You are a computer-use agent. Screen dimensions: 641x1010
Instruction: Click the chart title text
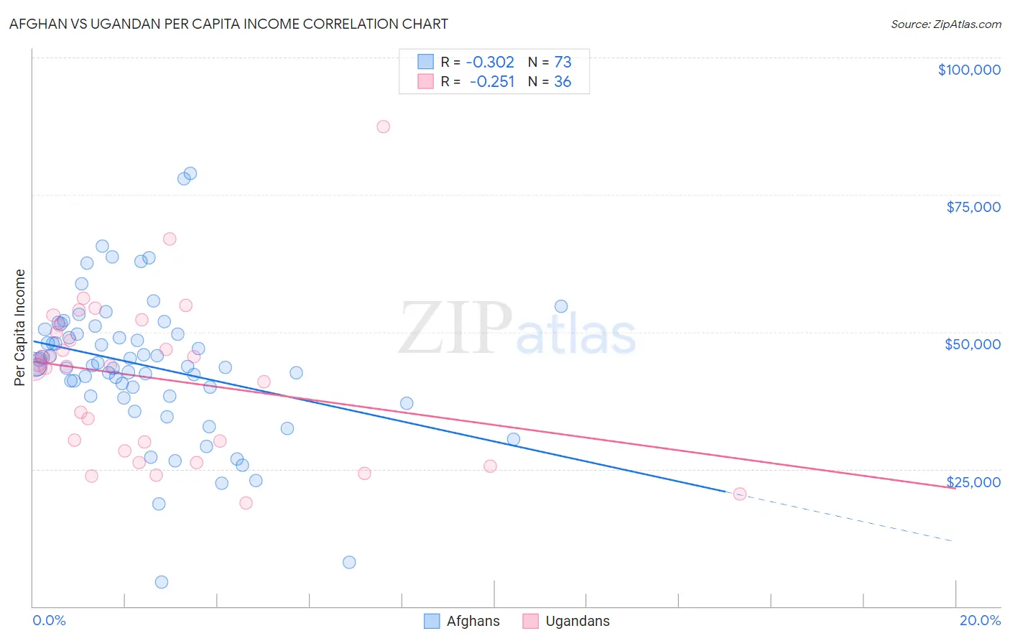point(228,24)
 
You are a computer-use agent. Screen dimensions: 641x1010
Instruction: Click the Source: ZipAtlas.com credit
point(945,24)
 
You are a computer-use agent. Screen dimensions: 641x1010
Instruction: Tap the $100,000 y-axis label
point(969,70)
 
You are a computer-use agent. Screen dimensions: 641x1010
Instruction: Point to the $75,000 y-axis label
point(973,207)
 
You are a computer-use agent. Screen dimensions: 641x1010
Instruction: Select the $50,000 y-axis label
point(972,344)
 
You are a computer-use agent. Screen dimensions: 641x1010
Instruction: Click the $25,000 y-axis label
point(973,482)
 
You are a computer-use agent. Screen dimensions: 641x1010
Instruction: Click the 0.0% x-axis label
point(49,620)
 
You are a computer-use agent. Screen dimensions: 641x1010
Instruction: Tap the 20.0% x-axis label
point(980,620)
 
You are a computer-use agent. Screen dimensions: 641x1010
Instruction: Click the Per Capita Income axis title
point(20,327)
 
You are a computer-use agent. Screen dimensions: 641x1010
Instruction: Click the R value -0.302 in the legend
point(490,63)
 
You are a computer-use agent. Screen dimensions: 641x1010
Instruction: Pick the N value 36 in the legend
point(562,82)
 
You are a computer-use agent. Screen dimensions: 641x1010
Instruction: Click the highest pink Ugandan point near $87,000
point(383,126)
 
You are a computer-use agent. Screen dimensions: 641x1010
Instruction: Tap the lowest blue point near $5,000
point(162,582)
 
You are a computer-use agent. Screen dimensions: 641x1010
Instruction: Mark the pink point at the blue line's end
point(739,494)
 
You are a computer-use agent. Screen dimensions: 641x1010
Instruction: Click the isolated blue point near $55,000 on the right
point(561,306)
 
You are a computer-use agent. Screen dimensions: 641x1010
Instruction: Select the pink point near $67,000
point(170,239)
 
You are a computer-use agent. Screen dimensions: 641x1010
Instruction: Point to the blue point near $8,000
point(349,562)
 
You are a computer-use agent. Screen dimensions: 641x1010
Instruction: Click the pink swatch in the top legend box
point(426,82)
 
